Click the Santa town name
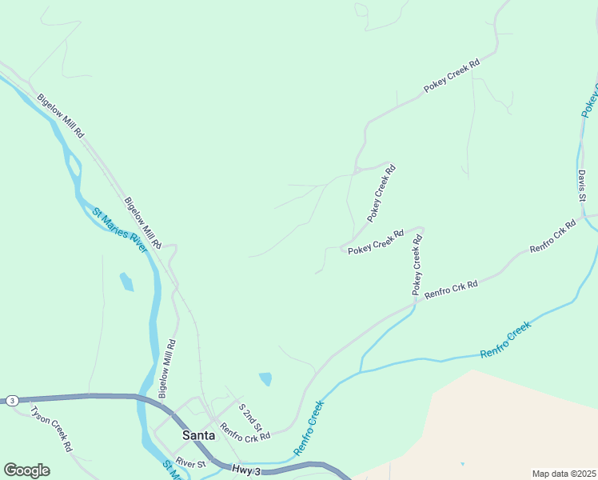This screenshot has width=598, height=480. coord(198,435)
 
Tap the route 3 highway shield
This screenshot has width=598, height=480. coord(12,400)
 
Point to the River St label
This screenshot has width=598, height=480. coord(191,462)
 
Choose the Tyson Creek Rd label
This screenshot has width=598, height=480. coord(51,429)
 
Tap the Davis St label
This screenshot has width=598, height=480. coord(582,185)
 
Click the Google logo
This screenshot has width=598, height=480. coord(26,470)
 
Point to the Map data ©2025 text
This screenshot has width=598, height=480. coord(564,474)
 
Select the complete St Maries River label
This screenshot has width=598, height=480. coord(120,230)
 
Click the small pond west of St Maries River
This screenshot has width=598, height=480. coord(126,282)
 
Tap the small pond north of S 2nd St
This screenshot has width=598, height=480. coord(265,378)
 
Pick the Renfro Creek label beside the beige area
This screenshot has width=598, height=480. coord(505,340)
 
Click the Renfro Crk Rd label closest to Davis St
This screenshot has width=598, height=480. coord(552,238)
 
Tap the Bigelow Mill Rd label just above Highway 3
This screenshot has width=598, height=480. coord(166,369)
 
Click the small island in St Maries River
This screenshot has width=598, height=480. coord(74,166)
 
